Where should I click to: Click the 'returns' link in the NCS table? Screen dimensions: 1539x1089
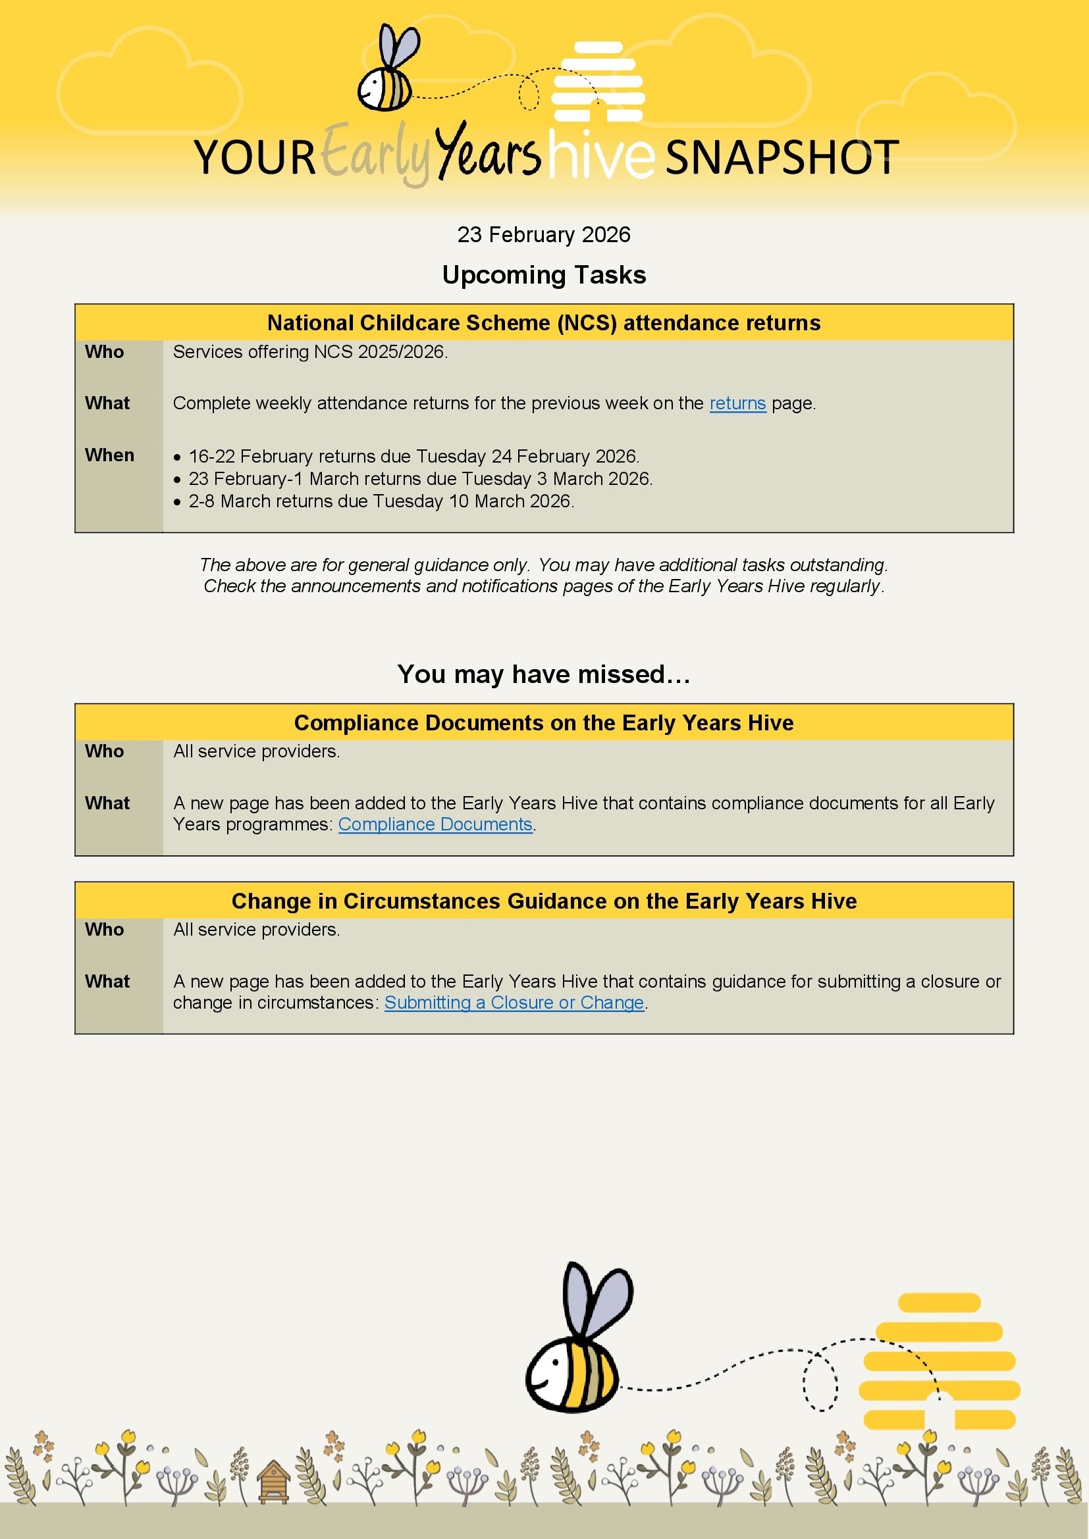click(737, 403)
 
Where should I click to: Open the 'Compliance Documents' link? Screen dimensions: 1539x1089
click(435, 824)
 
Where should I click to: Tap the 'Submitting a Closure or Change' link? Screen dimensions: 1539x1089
click(514, 1003)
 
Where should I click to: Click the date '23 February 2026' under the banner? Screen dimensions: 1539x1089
click(544, 235)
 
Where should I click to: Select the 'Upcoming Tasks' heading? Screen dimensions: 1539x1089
click(544, 275)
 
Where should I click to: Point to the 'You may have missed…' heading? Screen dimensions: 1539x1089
click(544, 674)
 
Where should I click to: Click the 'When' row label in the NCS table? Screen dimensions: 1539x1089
click(109, 455)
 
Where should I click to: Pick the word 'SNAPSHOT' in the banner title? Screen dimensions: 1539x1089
click(782, 158)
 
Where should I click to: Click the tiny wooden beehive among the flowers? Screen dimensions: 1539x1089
click(274, 1482)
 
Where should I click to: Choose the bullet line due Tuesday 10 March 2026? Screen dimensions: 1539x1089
click(381, 501)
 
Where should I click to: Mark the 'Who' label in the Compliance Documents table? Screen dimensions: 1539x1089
click(105, 751)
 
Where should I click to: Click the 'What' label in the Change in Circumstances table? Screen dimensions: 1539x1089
click(107, 981)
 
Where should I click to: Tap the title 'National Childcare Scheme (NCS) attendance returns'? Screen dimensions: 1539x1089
click(544, 323)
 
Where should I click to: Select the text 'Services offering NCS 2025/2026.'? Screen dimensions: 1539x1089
click(311, 352)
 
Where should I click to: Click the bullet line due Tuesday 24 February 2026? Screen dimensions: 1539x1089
click(413, 457)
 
